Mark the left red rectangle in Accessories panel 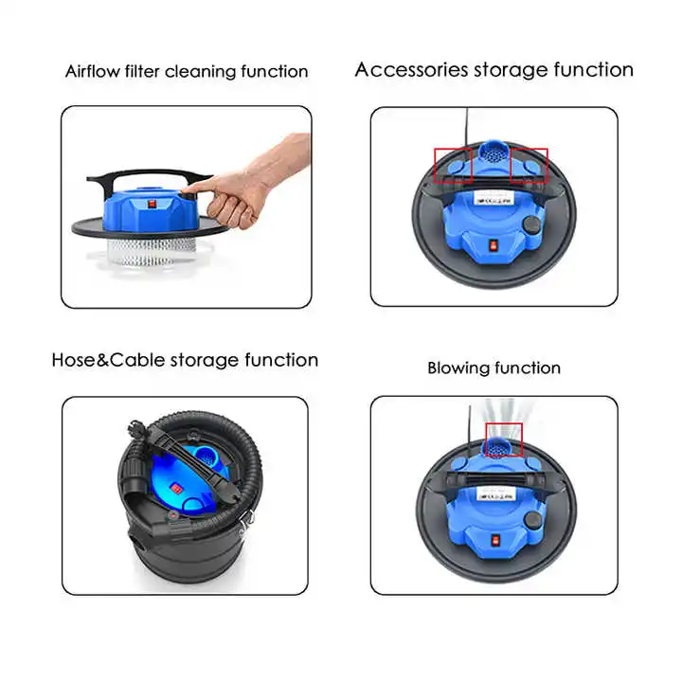[454, 164]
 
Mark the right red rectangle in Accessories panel [529, 164]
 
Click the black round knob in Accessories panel [535, 224]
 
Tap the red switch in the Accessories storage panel [492, 244]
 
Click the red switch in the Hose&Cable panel [175, 489]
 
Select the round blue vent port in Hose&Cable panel [206, 465]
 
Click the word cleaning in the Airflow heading [231, 72]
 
